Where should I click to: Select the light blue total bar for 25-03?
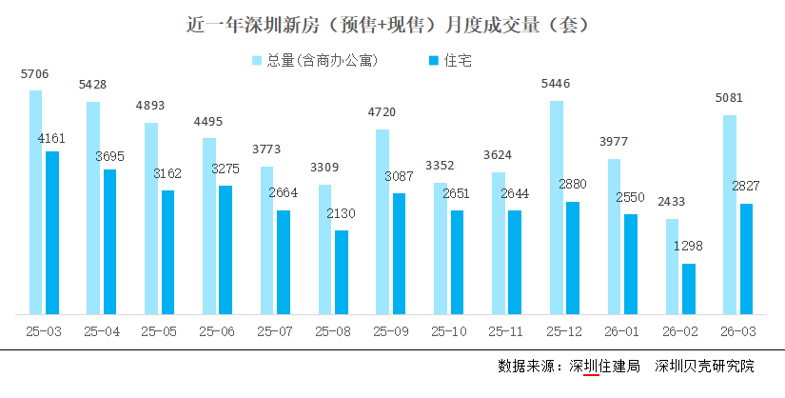pos(35,202)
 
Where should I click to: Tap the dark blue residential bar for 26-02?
pos(688,289)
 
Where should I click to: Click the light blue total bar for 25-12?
pos(556,207)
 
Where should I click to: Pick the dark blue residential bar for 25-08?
pos(341,271)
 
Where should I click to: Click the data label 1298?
pos(689,246)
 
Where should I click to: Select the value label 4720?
pos(382,112)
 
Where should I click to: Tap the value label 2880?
pos(574,185)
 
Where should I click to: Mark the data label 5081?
pos(729,97)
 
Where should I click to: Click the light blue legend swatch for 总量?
pos(257,61)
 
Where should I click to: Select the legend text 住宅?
pos(458,61)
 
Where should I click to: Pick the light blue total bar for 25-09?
pos(382,221)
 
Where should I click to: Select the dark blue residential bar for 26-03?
pos(746,258)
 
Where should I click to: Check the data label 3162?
pos(167,173)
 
